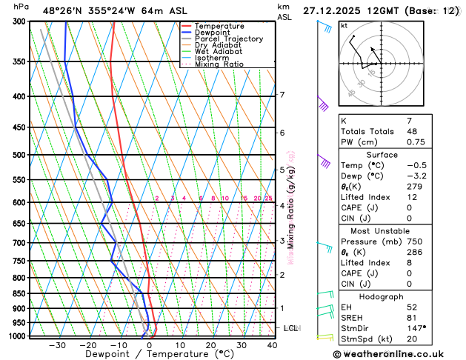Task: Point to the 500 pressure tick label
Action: coord(14,155)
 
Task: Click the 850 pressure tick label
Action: coord(14,293)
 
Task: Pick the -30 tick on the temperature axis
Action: coord(57,345)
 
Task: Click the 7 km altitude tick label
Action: coord(282,95)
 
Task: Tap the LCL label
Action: coord(291,327)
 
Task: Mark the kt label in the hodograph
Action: coord(344,26)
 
